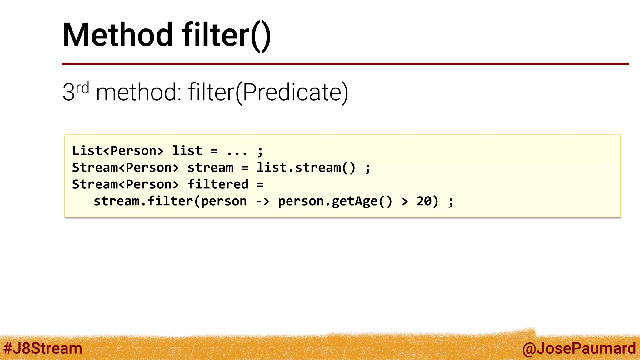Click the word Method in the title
click(x=117, y=35)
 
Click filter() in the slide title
click(x=227, y=35)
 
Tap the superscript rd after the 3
click(x=82, y=88)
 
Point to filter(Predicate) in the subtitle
click(x=268, y=92)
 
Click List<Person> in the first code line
click(x=118, y=151)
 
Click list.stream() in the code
click(x=306, y=168)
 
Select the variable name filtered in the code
click(x=218, y=184)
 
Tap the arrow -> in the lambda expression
click(x=262, y=202)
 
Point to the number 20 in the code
click(x=424, y=202)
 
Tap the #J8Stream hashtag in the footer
click(x=42, y=348)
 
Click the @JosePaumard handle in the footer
click(x=579, y=348)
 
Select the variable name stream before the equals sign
click(x=210, y=168)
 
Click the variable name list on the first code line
click(x=187, y=151)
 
